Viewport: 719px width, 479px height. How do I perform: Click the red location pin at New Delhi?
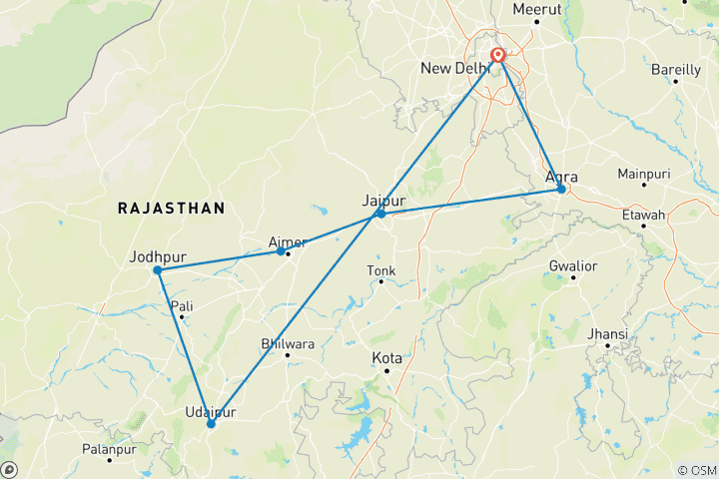point(497,56)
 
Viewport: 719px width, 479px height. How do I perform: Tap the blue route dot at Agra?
point(561,189)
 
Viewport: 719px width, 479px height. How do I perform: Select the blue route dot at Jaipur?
point(380,214)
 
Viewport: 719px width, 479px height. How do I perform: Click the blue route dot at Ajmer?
point(281,250)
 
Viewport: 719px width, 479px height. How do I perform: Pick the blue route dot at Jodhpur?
point(158,270)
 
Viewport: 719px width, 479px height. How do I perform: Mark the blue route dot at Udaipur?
point(211,424)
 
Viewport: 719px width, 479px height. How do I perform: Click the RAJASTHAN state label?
point(171,208)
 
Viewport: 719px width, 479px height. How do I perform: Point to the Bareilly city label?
point(676,69)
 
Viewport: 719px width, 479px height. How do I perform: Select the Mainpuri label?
point(643,174)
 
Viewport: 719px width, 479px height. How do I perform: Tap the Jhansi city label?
point(608,333)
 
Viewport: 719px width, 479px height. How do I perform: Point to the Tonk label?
point(381,270)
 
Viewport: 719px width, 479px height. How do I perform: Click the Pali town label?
point(182,305)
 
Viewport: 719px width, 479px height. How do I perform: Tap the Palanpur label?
point(109,447)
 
